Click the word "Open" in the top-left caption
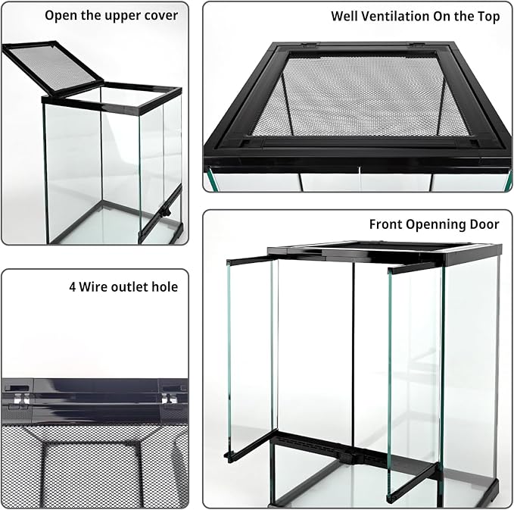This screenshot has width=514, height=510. [x=61, y=15]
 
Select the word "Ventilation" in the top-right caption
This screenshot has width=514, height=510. [x=394, y=16]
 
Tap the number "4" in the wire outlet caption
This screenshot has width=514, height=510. [x=73, y=287]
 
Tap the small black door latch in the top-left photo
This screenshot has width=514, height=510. [x=161, y=215]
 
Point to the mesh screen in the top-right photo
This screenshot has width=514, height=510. [x=356, y=99]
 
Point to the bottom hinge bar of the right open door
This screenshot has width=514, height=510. [x=413, y=478]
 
